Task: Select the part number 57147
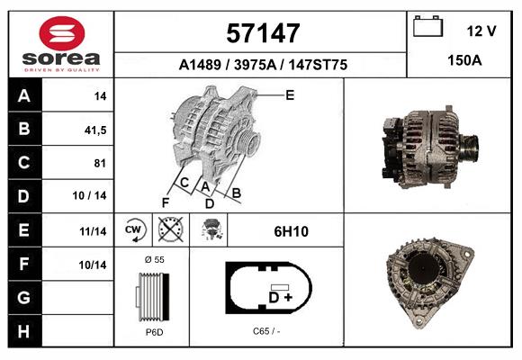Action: click(x=262, y=33)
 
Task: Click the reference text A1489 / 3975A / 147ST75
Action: click(x=262, y=65)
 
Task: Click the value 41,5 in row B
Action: click(x=94, y=130)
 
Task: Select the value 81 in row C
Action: click(x=100, y=163)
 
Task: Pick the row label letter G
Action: click(x=24, y=297)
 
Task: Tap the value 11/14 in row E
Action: click(x=93, y=231)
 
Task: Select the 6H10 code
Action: click(x=292, y=231)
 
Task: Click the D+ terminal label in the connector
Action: click(x=280, y=296)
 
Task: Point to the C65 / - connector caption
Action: click(x=266, y=331)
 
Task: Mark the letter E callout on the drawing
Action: click(x=290, y=94)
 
